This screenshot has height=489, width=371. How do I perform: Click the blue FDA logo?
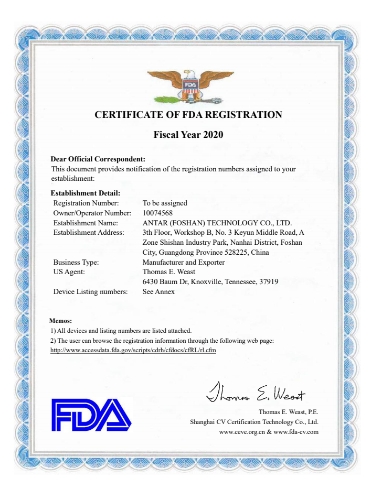pyautogui.click(x=91, y=414)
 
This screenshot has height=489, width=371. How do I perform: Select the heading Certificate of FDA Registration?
pyautogui.click(x=188, y=115)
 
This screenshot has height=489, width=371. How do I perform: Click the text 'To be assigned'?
pyautogui.click(x=165, y=203)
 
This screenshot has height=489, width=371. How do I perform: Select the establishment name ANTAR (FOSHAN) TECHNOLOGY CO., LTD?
pyautogui.click(x=217, y=223)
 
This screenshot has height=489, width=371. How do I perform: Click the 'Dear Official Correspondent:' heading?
pyautogui.click(x=98, y=159)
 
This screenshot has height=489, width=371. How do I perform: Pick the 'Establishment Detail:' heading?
pyautogui.click(x=86, y=193)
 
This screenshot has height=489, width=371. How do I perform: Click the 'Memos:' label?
pyautogui.click(x=60, y=320)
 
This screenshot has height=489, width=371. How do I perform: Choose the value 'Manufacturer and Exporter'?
pyautogui.click(x=184, y=262)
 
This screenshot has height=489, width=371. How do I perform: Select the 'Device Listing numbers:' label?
pyautogui.click(x=91, y=292)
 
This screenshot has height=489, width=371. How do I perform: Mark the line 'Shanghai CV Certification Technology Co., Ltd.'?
pyautogui.click(x=254, y=421)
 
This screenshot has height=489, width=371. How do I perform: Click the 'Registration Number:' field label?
pyautogui.click(x=87, y=203)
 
